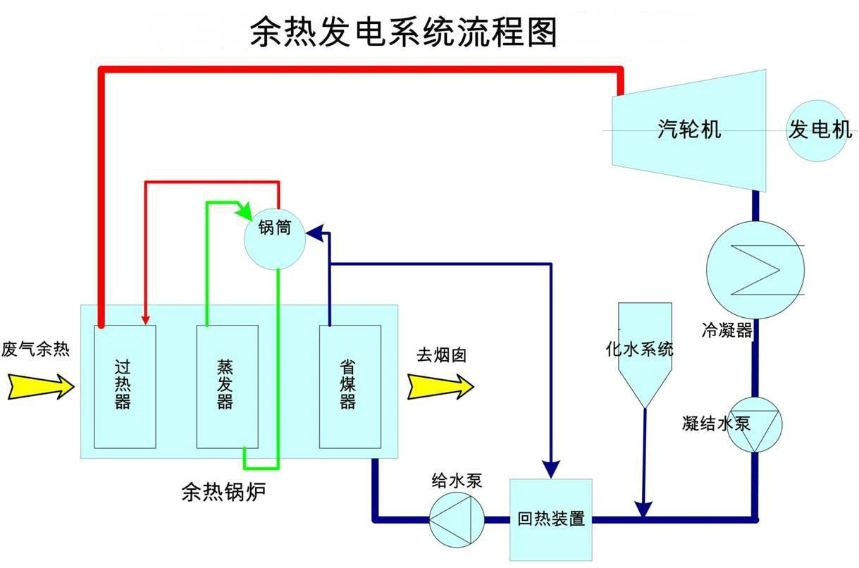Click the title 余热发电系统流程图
click(x=403, y=32)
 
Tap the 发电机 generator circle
click(x=819, y=130)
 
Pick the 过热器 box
click(x=125, y=386)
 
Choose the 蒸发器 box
click(x=226, y=386)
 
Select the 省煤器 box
click(x=350, y=386)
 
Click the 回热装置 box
click(x=550, y=520)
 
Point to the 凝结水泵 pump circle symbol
click(x=754, y=425)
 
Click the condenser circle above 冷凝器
click(x=755, y=268)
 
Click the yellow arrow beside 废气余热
click(x=41, y=385)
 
